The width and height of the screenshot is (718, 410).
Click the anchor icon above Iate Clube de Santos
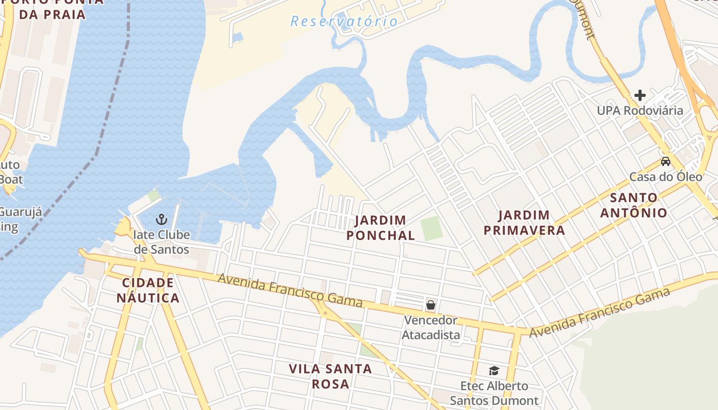(x=162, y=219)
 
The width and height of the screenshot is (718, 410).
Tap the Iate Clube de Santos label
(x=162, y=242)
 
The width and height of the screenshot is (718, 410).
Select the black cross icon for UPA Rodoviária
(x=640, y=95)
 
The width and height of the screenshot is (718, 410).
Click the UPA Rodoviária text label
(x=640, y=111)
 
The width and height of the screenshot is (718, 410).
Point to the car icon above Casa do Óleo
(x=665, y=161)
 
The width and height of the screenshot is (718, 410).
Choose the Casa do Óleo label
(x=666, y=177)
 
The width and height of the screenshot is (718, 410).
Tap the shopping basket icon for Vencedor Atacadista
(x=431, y=305)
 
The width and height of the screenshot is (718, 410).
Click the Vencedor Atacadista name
(x=431, y=327)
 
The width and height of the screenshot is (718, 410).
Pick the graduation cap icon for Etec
(x=494, y=371)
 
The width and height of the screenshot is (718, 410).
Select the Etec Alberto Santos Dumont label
(x=494, y=393)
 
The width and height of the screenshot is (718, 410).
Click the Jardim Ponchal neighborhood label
(x=381, y=228)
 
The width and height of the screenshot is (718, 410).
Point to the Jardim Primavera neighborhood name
(x=524, y=222)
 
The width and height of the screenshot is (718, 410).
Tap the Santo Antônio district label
(x=634, y=205)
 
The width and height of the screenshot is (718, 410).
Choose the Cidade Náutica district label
(x=148, y=291)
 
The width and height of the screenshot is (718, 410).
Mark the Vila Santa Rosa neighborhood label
(x=330, y=376)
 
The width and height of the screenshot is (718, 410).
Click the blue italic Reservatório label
(x=344, y=22)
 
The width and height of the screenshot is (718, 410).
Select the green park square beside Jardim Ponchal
(x=431, y=229)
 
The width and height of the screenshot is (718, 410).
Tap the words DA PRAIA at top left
(x=52, y=14)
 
